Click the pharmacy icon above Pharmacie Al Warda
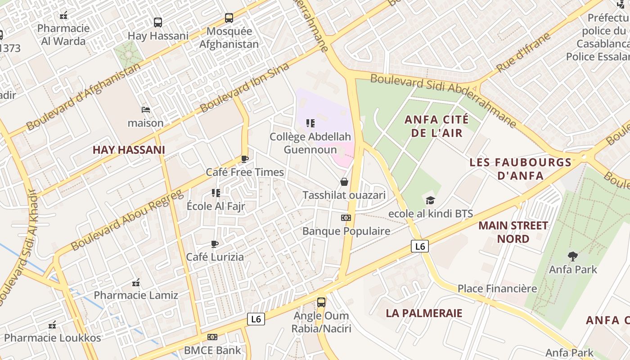point(63,16)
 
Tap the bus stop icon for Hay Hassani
point(157,22)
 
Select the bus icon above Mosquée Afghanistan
point(229,18)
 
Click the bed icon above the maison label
point(145,109)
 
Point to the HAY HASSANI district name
point(129,150)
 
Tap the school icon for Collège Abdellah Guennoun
point(310,123)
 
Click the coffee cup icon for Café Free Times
point(244,159)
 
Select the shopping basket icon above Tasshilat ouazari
point(344,182)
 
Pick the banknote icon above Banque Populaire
point(346,218)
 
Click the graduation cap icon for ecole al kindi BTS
point(431,200)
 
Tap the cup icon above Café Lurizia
point(215,244)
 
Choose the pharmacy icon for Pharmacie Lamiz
point(136,283)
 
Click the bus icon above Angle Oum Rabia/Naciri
point(321,302)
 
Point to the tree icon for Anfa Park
point(573,256)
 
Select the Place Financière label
point(497,288)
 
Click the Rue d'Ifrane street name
point(523,53)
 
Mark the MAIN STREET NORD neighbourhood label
point(513,232)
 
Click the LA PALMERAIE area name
point(424,313)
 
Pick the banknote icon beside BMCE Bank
point(212,337)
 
